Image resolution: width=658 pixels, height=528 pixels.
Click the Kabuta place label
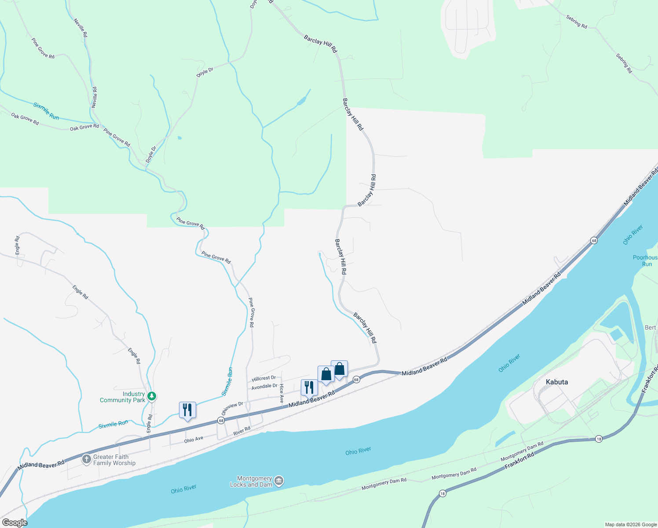click(x=556, y=382)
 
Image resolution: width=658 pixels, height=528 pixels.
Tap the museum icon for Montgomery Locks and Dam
click(x=279, y=481)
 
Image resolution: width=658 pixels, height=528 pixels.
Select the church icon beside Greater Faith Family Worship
click(x=87, y=459)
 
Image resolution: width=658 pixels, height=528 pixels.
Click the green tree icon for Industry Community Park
click(x=152, y=396)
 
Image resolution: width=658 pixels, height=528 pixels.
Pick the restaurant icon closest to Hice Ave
click(x=309, y=388)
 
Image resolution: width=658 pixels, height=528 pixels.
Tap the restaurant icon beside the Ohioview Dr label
click(x=187, y=410)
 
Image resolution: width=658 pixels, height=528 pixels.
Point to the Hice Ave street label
click(x=281, y=393)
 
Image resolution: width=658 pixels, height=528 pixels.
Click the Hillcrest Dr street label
click(x=263, y=378)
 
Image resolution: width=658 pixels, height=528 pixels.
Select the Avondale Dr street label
click(x=264, y=387)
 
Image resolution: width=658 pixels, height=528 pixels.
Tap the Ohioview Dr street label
click(x=232, y=408)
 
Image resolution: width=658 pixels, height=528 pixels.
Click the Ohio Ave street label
click(x=194, y=439)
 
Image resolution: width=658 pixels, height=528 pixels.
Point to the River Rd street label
click(x=241, y=432)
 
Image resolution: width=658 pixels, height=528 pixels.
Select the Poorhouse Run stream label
click(x=645, y=260)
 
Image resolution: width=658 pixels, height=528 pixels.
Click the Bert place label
click(x=650, y=327)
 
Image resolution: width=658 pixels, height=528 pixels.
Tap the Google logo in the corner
click(x=15, y=523)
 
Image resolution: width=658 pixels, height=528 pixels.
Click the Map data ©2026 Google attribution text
click(x=630, y=524)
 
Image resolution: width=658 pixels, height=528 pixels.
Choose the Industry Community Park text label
click(x=122, y=397)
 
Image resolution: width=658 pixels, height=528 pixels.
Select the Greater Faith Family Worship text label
click(x=114, y=460)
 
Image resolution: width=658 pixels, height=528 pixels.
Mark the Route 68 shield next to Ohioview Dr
click(x=221, y=421)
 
